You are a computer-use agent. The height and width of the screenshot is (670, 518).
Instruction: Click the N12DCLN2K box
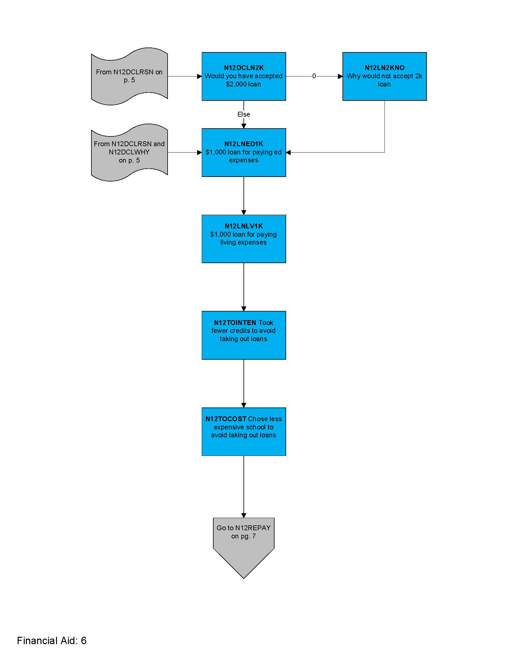pyautogui.click(x=243, y=76)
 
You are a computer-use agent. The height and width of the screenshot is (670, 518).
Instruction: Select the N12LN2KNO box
pyautogui.click(x=384, y=76)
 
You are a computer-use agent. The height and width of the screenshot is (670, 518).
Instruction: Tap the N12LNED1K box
pyautogui.click(x=243, y=153)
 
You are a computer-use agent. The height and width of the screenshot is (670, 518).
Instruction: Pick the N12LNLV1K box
pyautogui.click(x=243, y=239)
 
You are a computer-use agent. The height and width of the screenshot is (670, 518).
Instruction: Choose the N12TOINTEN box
pyautogui.click(x=243, y=335)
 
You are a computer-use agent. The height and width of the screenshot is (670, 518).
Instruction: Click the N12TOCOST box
pyautogui.click(x=243, y=431)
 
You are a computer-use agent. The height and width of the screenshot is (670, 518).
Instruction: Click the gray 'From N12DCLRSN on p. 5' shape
pyautogui.click(x=129, y=76)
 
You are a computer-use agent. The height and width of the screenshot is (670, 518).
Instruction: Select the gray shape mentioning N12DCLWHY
pyautogui.click(x=129, y=153)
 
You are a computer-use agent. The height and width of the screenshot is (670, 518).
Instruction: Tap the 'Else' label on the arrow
pyautogui.click(x=243, y=115)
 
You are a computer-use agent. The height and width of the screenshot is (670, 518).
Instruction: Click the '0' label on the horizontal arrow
pyautogui.click(x=314, y=76)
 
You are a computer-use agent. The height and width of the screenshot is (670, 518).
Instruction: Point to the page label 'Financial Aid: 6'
pyautogui.click(x=51, y=640)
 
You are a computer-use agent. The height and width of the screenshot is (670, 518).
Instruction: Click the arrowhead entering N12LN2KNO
pyautogui.click(x=340, y=76)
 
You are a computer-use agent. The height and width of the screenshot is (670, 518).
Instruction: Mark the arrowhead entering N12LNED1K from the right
pyautogui.click(x=289, y=153)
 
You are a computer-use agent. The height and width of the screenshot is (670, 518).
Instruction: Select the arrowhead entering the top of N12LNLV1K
pyautogui.click(x=244, y=212)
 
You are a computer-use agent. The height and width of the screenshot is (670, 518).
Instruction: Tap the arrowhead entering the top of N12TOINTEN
pyautogui.click(x=244, y=309)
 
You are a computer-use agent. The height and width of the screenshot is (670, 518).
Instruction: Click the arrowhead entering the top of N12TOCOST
pyautogui.click(x=244, y=405)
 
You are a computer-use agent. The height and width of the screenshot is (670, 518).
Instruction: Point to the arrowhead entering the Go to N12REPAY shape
pyautogui.click(x=244, y=515)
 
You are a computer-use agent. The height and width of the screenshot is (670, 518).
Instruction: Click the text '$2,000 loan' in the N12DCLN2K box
pyautogui.click(x=243, y=84)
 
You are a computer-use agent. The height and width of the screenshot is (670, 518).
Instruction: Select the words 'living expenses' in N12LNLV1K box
pyautogui.click(x=243, y=242)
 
